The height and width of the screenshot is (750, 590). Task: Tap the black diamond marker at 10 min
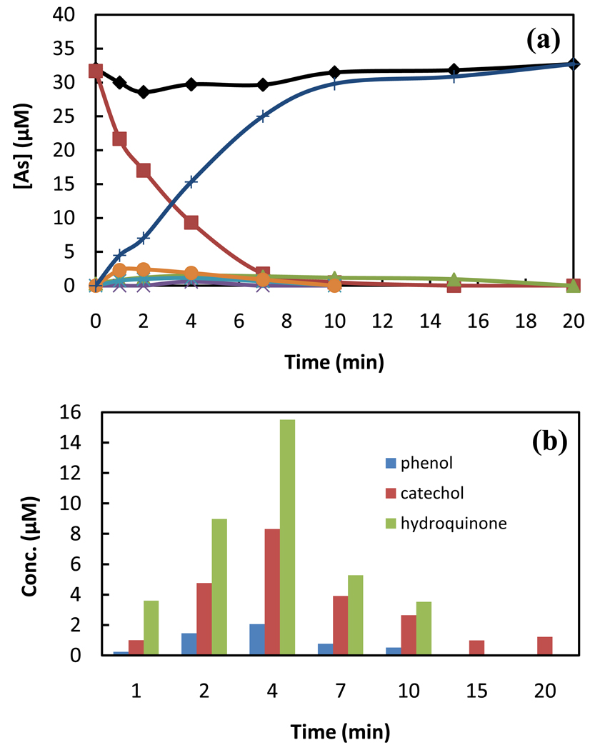click(x=334, y=72)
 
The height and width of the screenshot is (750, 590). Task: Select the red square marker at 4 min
click(x=191, y=222)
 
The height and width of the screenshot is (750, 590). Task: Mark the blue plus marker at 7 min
click(x=263, y=116)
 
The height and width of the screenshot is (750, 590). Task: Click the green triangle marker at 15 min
click(x=454, y=279)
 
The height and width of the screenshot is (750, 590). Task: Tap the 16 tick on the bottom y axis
click(x=80, y=412)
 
